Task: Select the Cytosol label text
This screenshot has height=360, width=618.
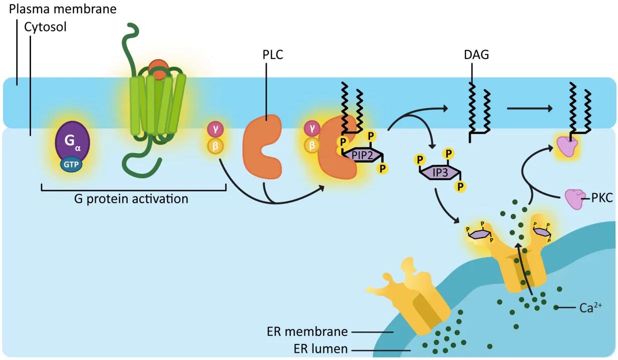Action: [46, 27]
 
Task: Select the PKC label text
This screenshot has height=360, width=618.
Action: [599, 199]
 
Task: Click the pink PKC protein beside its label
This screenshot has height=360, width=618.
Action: [573, 198]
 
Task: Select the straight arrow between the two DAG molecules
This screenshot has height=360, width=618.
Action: [530, 108]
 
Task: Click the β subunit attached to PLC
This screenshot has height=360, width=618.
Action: [312, 145]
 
